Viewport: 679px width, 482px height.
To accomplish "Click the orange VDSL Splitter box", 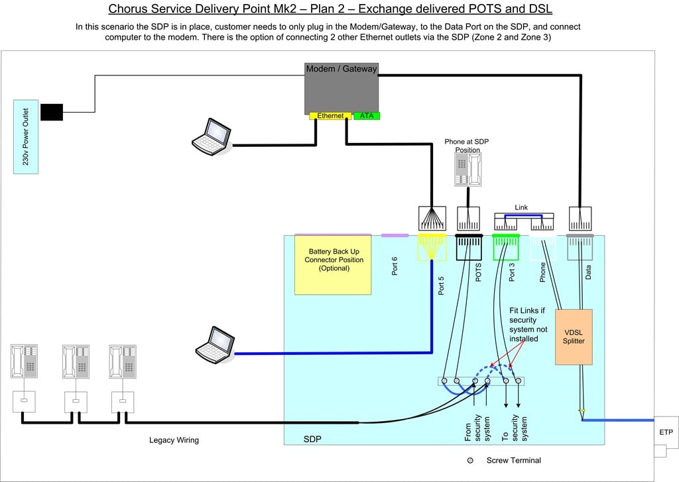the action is coord(574,337).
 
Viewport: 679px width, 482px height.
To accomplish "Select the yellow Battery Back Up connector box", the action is coord(333,265).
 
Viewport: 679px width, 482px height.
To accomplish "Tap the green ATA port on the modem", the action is coord(367,116).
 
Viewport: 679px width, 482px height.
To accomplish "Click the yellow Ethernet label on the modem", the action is coord(330,116).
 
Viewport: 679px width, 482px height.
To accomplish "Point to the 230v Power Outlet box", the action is coord(26,136).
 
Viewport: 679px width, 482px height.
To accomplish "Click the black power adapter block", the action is coord(52,112).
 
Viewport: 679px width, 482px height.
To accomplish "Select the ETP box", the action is coord(666,432).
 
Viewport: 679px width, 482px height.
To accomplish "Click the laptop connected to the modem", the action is coord(212,136).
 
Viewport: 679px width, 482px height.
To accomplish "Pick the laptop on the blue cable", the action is coord(215,344).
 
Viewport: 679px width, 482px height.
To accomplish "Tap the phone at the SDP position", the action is coord(467,170).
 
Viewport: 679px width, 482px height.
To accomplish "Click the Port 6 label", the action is coord(395,266).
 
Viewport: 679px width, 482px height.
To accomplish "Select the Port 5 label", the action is coord(441,286).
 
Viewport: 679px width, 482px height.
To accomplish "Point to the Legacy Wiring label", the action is coord(174,440).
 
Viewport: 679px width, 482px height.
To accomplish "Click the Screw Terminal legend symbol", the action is coord(470,460).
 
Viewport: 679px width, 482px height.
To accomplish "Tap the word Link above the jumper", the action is coord(521,207).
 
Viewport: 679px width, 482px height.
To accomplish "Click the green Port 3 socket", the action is coord(506,247).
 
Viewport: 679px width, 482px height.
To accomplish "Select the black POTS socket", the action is coord(469,247).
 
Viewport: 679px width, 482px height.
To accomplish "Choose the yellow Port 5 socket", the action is coord(432,247).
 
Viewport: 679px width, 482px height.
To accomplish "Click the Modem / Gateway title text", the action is coord(341,69).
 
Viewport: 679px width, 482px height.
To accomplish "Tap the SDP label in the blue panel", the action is coord(312,439).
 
